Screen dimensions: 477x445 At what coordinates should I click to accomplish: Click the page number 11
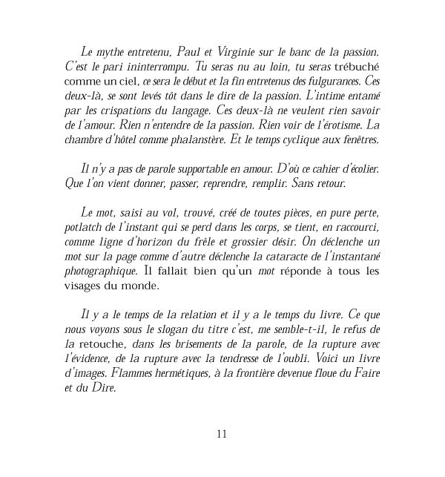point(222,435)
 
